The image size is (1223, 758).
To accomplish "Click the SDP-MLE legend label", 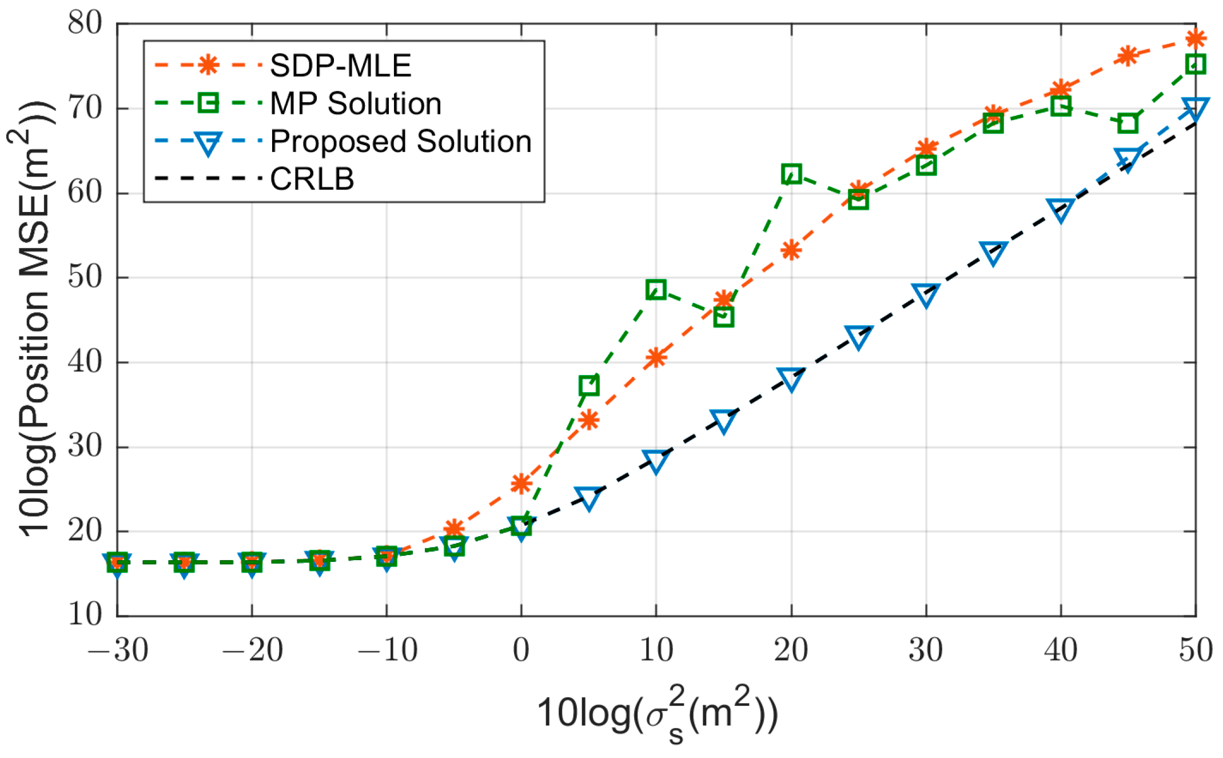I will [340, 65].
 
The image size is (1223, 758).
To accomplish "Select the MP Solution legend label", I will [355, 103].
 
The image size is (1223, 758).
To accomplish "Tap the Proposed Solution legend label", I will [400, 141].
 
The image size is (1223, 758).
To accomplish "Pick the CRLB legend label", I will [312, 179].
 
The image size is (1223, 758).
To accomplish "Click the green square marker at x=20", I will [791, 174].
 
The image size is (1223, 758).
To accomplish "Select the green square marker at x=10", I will [656, 290].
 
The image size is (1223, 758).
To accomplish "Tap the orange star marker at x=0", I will [521, 484].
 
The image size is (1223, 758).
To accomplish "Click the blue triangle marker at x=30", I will [926, 294].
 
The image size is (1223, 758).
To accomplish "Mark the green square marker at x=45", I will [1128, 123].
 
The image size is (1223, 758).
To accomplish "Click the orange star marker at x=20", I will [791, 250].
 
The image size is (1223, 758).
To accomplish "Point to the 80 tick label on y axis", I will [85, 23].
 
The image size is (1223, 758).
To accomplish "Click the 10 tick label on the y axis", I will [85, 615].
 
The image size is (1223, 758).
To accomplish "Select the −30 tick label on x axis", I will [118, 651].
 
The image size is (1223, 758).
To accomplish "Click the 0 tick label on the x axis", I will [521, 651].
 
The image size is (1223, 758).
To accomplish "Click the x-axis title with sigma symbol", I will [658, 715].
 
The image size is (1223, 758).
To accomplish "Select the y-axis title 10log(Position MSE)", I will [34, 320].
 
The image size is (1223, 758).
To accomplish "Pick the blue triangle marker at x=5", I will [588, 498].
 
